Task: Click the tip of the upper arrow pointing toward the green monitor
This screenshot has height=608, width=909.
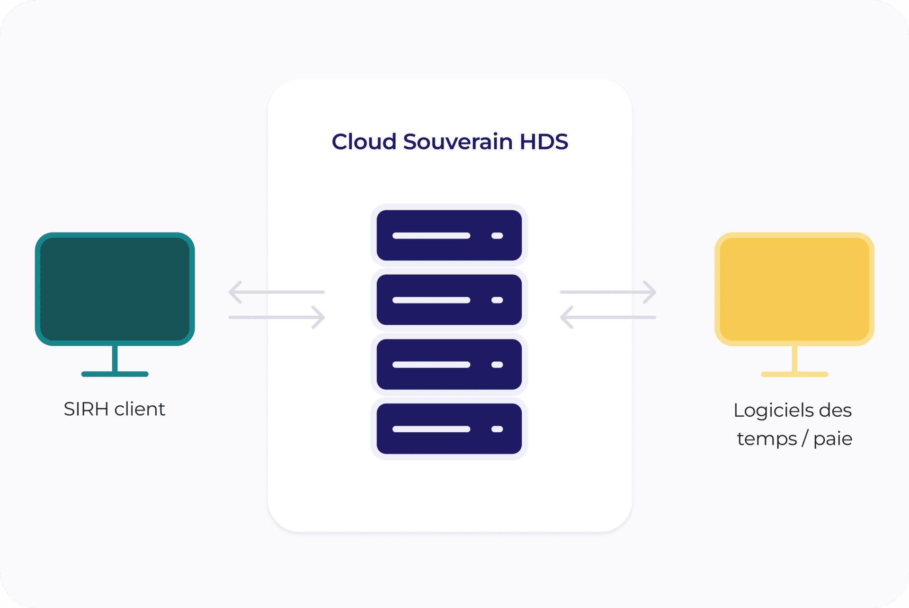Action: coord(230,292)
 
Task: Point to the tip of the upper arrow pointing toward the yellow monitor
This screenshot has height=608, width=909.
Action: coord(655,292)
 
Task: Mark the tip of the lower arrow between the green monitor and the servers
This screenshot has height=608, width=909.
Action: coord(324,317)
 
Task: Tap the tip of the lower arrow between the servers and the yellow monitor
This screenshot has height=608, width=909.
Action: coord(561,317)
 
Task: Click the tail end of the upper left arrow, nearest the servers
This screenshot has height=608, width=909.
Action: coord(324,292)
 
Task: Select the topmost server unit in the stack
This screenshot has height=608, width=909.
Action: coord(449,235)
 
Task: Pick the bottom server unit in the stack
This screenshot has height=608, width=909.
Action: coord(449,429)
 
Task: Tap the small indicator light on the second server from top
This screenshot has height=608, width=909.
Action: coord(497,300)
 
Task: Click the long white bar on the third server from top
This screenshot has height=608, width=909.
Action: coord(431,364)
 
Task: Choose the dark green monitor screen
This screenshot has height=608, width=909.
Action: coord(115,289)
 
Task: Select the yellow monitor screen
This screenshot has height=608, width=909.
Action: coord(794,289)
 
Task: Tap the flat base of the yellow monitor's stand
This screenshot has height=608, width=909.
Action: coord(794,374)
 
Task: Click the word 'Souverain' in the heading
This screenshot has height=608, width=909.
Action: coord(458,142)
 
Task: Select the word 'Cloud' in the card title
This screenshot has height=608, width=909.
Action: coord(364,142)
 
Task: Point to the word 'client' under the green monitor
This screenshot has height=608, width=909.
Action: coord(140,409)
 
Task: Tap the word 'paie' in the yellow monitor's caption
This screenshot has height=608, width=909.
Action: coord(833,439)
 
